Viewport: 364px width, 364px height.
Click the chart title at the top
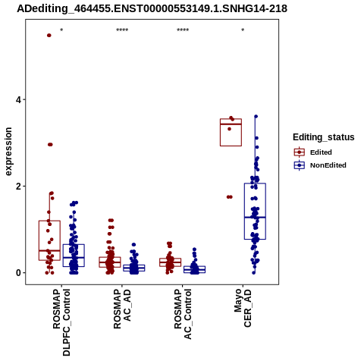[152, 8]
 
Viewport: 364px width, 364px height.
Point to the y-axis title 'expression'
[8, 152]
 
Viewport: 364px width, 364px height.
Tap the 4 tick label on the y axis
[18, 100]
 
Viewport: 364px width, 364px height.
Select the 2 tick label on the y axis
[18, 187]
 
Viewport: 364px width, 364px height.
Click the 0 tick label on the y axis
[18, 273]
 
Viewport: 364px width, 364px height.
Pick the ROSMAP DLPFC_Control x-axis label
[61, 322]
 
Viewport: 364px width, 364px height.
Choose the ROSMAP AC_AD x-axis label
[122, 309]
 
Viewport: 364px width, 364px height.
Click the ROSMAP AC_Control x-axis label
[183, 314]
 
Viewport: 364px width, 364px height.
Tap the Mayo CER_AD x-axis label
[243, 308]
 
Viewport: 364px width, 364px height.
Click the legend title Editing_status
[324, 137]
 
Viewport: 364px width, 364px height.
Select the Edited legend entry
[313, 152]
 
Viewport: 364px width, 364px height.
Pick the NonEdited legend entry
[320, 165]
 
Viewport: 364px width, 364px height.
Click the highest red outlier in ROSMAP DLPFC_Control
[49, 36]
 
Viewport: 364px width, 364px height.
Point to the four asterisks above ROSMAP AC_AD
[122, 30]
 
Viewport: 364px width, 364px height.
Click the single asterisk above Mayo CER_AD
[243, 30]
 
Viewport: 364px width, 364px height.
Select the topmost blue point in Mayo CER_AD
[256, 117]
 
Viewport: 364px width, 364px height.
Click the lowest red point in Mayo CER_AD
[230, 197]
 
